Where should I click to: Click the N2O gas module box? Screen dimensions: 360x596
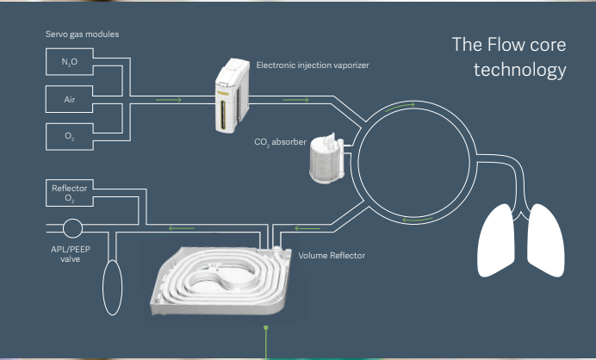[x=70, y=62]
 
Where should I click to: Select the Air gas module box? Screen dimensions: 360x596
[x=70, y=99]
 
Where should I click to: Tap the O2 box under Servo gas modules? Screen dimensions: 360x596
[x=70, y=136]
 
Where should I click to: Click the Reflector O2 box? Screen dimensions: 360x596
[x=70, y=194]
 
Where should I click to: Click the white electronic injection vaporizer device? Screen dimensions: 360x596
[x=230, y=95]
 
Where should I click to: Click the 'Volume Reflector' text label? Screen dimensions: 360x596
[x=332, y=256]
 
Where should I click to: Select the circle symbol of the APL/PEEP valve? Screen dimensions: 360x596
[x=72, y=228]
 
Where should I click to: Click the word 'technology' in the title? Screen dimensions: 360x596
[x=519, y=70]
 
